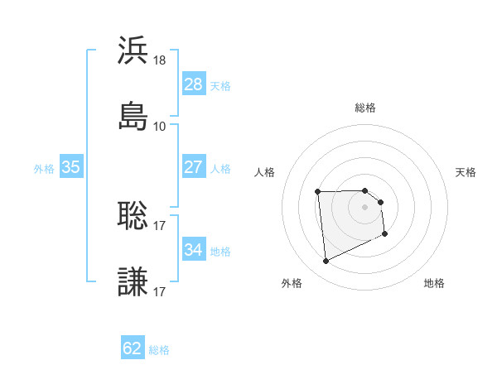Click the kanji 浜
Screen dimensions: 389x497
133,50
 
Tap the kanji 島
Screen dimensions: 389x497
133,115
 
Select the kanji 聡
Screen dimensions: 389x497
133,216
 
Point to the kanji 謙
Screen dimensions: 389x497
133,281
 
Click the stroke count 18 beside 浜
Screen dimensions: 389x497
160,60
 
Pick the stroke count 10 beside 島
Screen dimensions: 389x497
160,126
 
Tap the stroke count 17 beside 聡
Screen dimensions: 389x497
160,226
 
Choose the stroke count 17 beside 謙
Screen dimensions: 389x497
160,291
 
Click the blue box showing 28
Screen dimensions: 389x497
194,84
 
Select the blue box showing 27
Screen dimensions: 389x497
194,167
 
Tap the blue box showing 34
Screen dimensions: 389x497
194,250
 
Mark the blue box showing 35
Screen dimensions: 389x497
71,167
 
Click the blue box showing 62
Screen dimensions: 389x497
133,348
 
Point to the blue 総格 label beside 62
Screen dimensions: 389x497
159,350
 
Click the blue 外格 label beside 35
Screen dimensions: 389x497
44,169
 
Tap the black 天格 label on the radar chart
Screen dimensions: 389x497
466,172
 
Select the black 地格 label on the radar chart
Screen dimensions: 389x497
434,283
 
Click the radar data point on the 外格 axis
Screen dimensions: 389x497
326,262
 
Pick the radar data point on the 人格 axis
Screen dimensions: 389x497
317,193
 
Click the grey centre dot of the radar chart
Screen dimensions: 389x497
364,206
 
